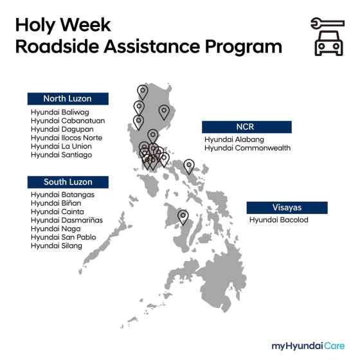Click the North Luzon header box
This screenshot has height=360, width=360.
[x=67, y=98]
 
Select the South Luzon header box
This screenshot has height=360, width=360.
[x=67, y=182]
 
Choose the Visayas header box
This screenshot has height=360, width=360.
[x=287, y=208]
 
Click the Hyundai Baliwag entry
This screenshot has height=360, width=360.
[x=55, y=112]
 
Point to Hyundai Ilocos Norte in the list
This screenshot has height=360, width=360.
[x=66, y=138]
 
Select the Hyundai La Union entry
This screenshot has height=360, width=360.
[x=61, y=146]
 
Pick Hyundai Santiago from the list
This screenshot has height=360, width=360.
[x=61, y=155]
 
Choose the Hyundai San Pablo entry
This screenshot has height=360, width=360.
[x=63, y=237]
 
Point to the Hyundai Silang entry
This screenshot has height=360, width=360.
[x=57, y=246]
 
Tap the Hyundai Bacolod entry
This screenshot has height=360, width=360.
[x=279, y=220]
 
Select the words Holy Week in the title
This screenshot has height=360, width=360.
[x=63, y=25]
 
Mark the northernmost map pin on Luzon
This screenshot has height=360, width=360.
[x=142, y=92]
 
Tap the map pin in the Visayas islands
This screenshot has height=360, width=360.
[x=183, y=217]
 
